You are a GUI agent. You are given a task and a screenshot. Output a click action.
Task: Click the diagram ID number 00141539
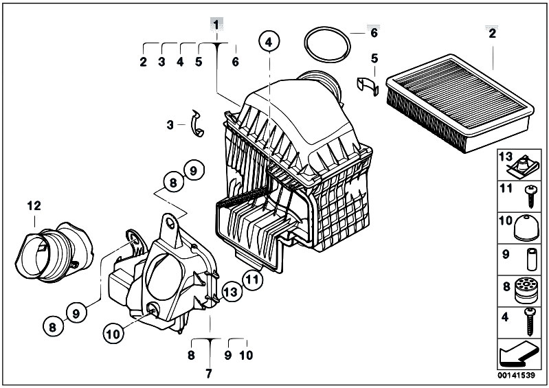point(517,376)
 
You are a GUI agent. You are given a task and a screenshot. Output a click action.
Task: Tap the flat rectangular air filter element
point(460,102)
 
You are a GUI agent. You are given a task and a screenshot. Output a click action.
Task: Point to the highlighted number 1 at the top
point(216,25)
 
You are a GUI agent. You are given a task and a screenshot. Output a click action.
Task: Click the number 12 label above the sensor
point(34,206)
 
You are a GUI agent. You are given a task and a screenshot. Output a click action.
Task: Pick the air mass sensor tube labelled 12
point(54,252)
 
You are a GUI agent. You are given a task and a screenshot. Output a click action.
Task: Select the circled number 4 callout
point(269,42)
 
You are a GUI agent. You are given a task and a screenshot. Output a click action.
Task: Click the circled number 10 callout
point(113,334)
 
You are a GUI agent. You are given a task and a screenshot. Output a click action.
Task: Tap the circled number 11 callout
point(253,279)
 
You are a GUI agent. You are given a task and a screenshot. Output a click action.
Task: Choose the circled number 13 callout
point(231,292)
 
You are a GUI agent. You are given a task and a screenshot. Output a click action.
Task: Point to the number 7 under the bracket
point(209,374)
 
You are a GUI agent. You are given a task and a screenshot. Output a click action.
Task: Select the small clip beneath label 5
point(368,86)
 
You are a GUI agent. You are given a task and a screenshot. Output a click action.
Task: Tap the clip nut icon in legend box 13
point(522,168)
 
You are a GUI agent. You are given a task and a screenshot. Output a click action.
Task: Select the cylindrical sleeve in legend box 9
point(532,260)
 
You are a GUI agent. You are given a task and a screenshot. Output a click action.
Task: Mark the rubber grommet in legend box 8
point(526,290)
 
